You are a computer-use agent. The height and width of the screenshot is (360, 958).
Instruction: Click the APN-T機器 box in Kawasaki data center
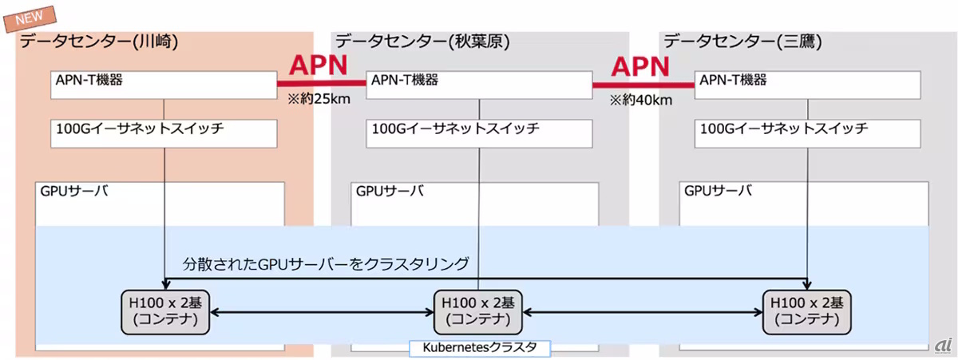pos(164,85)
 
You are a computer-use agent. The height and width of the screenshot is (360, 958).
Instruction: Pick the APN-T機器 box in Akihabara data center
pos(479,85)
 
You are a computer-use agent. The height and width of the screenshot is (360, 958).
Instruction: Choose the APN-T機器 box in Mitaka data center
pos(810,85)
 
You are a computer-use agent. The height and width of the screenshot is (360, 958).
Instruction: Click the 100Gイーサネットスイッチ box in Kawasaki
pos(164,133)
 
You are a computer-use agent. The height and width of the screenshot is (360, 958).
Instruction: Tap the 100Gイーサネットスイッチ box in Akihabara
pos(479,133)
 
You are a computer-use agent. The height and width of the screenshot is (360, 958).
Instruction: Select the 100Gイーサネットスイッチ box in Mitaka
pos(810,133)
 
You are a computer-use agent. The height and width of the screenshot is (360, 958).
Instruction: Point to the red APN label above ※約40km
pos(641,66)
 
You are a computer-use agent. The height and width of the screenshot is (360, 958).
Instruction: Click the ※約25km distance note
pos(320,101)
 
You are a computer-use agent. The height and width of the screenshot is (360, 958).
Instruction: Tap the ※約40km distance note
pos(640,101)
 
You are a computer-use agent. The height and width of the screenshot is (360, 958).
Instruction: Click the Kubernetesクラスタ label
pos(479,348)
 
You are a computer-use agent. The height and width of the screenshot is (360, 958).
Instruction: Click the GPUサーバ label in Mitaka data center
pos(718,192)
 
